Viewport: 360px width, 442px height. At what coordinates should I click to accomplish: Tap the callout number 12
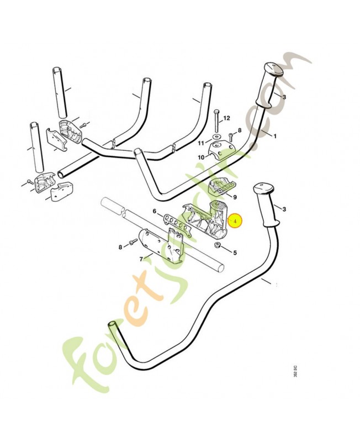[227, 119]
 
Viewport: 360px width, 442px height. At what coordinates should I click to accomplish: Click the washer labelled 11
[215, 136]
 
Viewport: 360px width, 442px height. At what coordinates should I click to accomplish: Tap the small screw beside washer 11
[230, 134]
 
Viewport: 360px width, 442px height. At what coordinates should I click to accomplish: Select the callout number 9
[235, 196]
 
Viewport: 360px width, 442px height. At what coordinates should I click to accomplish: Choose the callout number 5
[234, 253]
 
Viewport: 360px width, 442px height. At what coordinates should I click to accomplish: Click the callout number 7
[141, 258]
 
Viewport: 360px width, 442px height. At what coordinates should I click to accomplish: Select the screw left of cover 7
[133, 243]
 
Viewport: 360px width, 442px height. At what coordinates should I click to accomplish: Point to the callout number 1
[276, 135]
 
